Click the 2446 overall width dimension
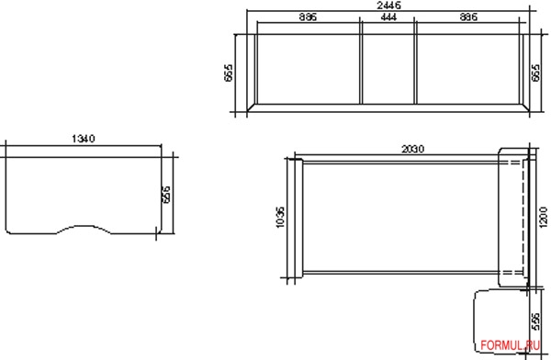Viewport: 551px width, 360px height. [388, 6]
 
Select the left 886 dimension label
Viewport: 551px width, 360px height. [308, 17]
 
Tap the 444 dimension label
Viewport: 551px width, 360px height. [388, 17]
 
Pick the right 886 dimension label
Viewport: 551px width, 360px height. [468, 17]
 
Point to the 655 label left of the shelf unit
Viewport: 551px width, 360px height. [228, 73]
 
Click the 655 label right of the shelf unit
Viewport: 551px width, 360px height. [535, 73]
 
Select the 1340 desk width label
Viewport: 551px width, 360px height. [84, 139]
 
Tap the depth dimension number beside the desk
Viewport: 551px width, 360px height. [166, 195]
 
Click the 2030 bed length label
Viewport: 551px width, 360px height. [413, 149]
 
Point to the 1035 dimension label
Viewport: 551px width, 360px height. [280, 218]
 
